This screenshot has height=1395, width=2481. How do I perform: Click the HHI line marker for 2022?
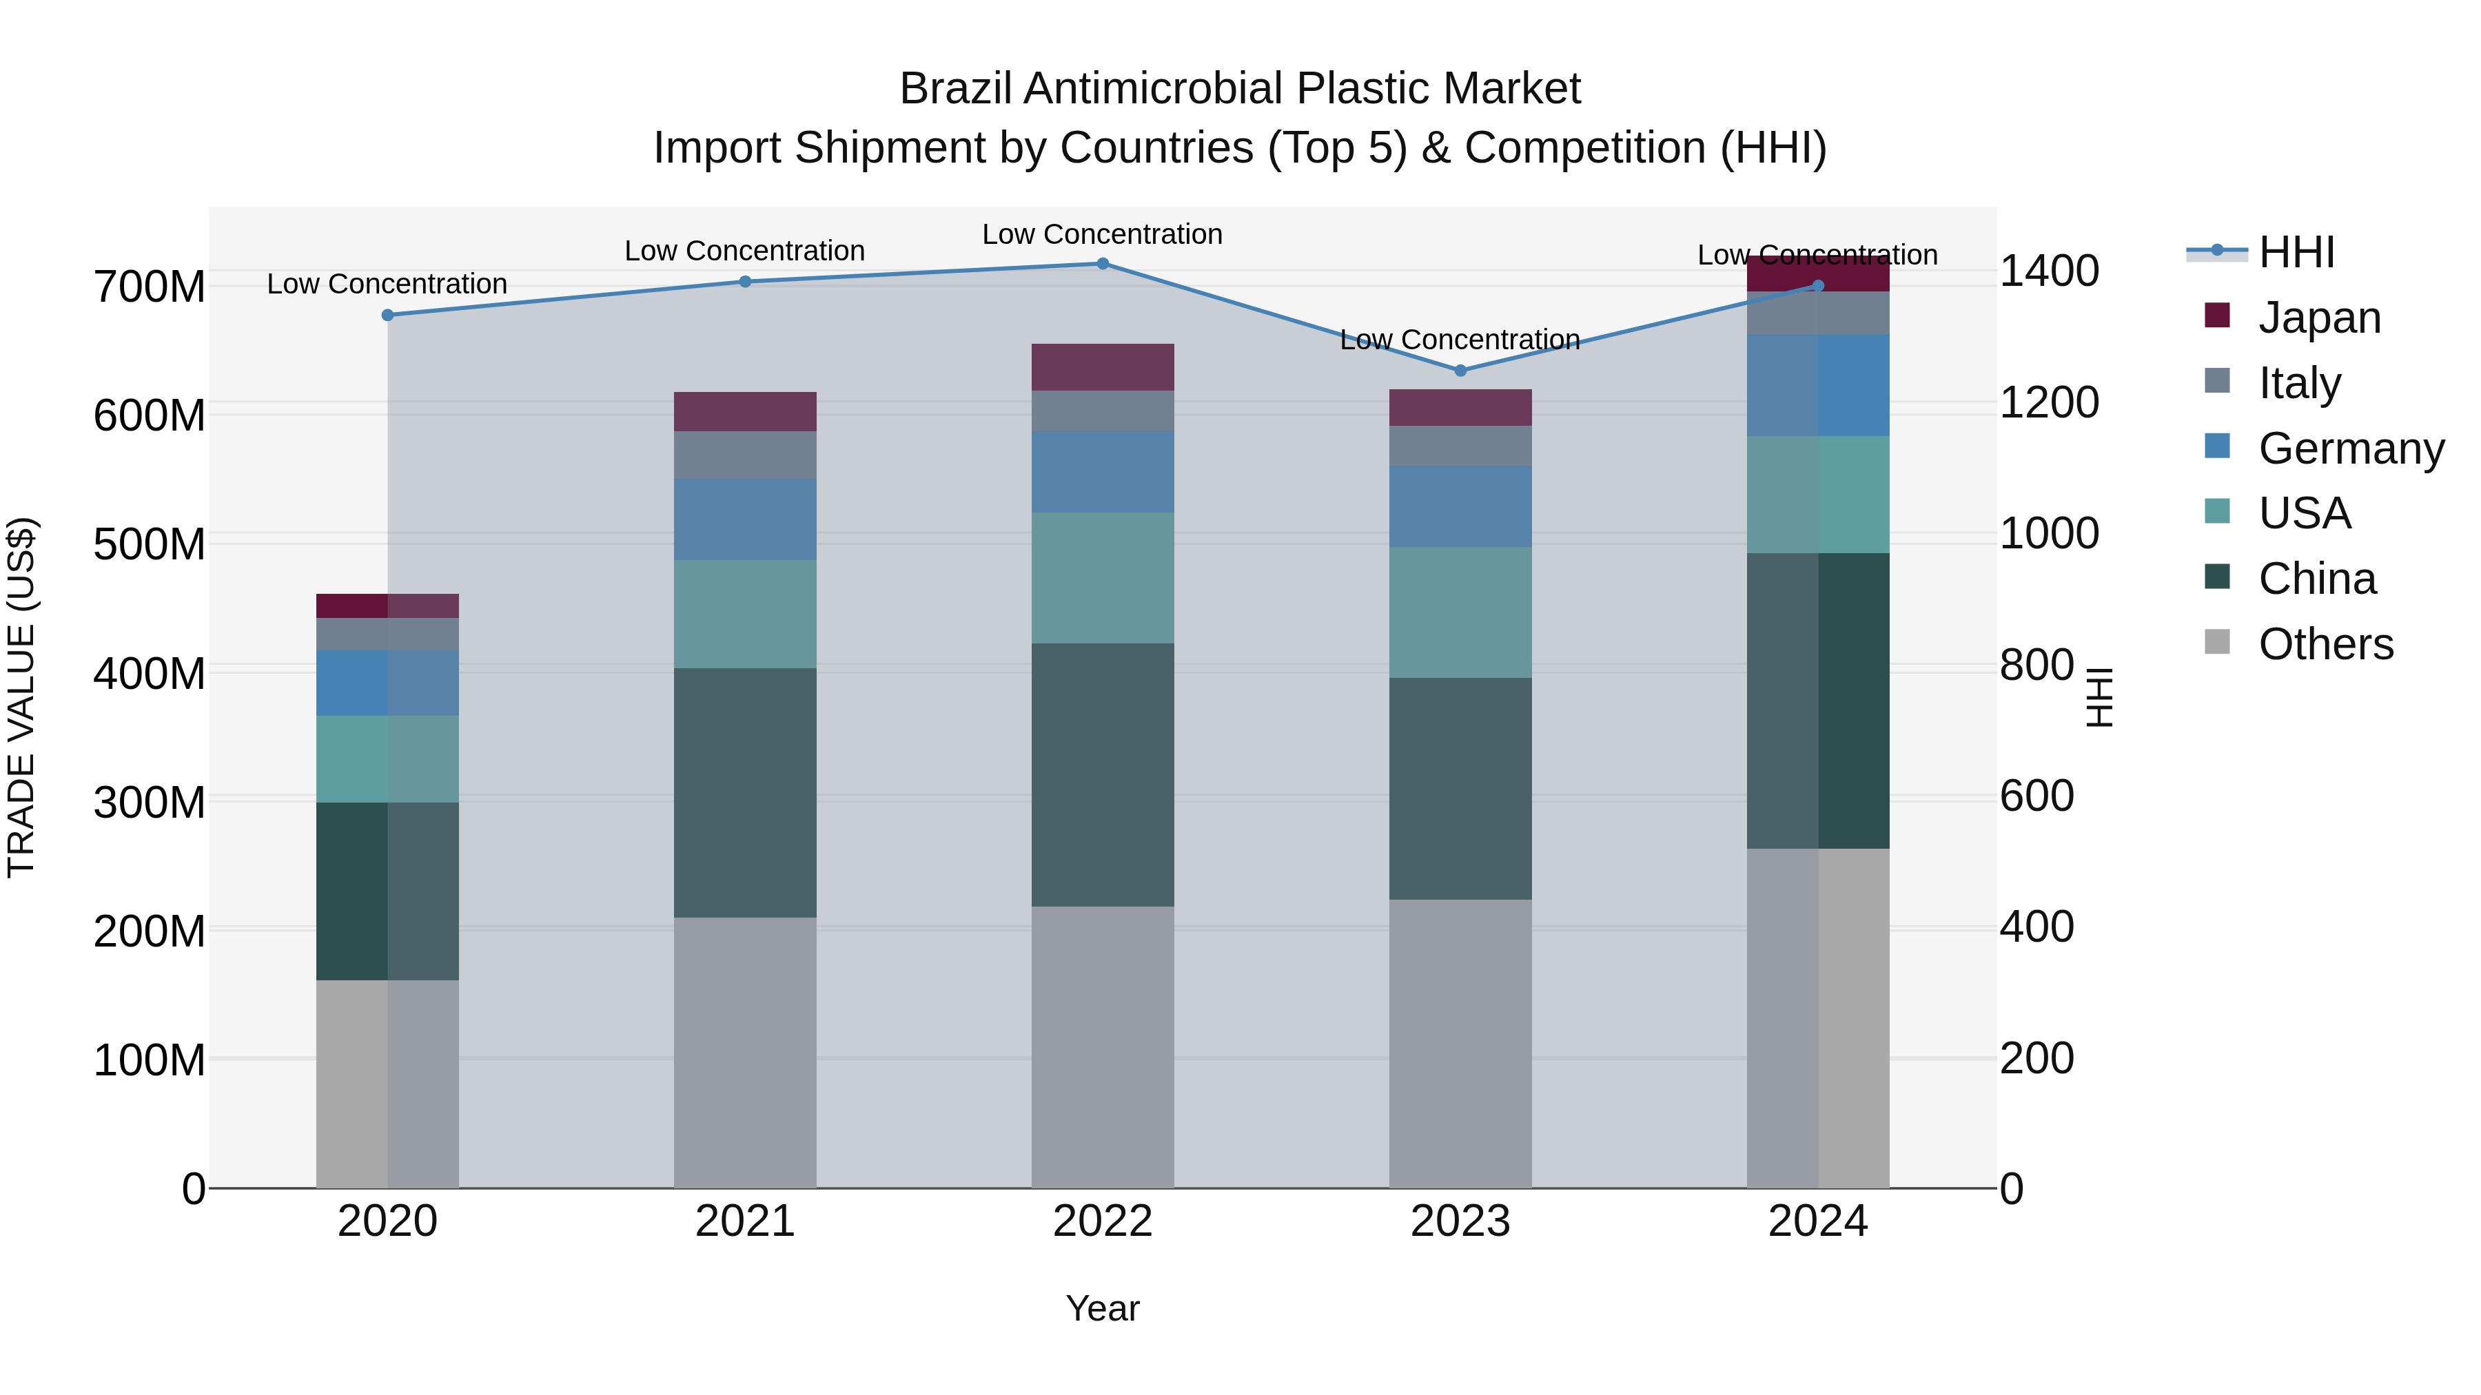(1103, 264)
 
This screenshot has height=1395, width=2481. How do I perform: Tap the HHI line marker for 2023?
(1460, 371)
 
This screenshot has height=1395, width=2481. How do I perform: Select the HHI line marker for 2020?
(388, 315)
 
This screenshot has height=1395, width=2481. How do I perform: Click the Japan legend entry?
(2319, 318)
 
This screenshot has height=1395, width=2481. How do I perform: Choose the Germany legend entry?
(2350, 448)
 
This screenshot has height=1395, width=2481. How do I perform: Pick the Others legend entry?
(2325, 644)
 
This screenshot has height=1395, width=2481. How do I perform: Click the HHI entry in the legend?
(2296, 252)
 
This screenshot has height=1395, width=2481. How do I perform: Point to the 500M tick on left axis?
(150, 545)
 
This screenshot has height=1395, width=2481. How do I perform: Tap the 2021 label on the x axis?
(744, 1221)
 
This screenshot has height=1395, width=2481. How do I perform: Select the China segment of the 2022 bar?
(1103, 774)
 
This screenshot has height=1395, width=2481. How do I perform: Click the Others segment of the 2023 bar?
(1460, 1044)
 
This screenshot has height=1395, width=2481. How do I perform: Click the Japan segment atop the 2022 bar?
(1103, 366)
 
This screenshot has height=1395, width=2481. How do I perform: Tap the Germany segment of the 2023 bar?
(1460, 506)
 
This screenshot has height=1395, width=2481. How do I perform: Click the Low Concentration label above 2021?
(744, 251)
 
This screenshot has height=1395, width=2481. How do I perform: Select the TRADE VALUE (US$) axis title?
(21, 697)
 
